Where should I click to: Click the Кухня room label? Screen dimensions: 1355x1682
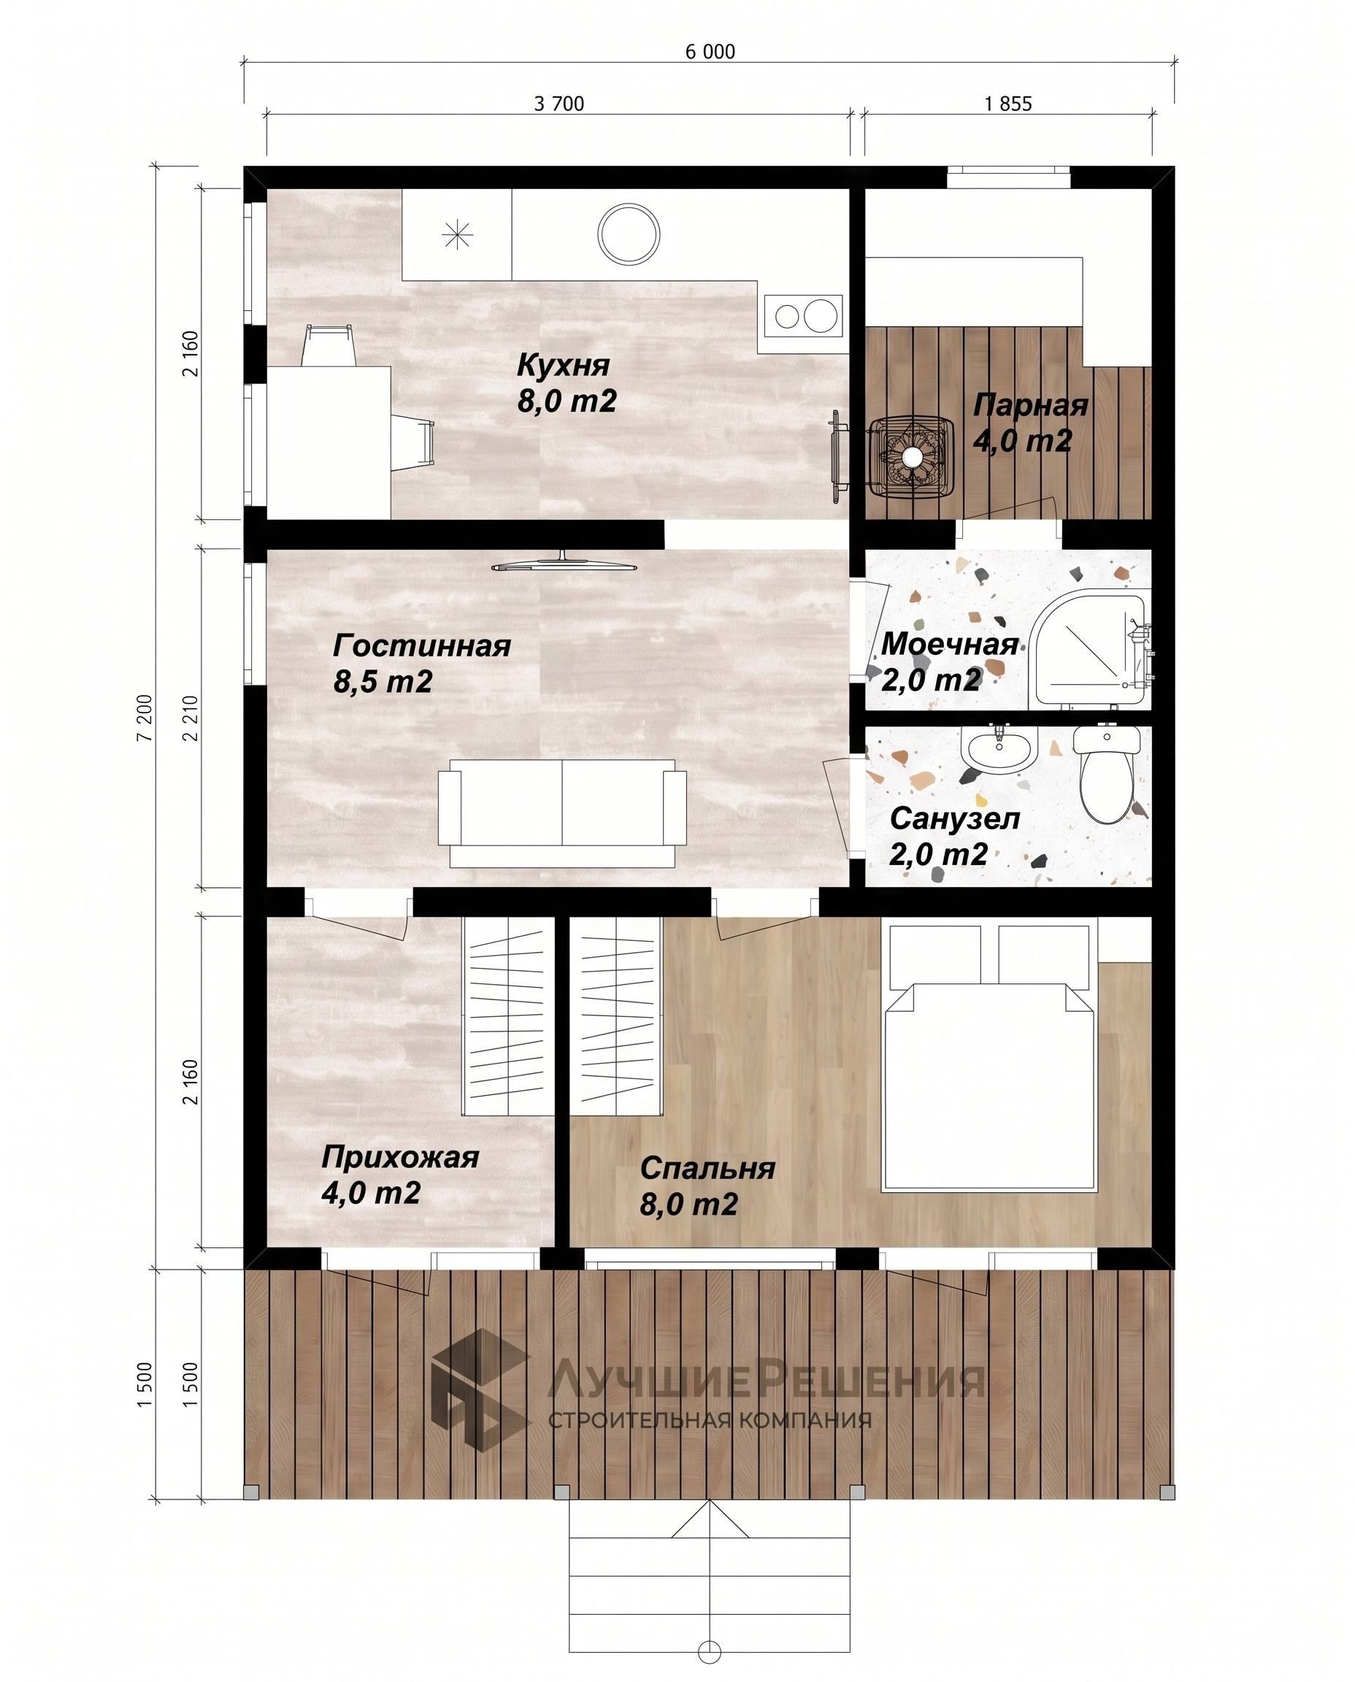click(x=563, y=365)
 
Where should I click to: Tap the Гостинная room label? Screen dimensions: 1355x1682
click(x=421, y=645)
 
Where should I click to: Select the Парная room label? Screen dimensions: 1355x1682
click(x=1030, y=406)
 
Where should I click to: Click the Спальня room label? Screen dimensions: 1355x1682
click(x=707, y=1169)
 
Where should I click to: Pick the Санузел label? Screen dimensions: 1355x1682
click(x=955, y=819)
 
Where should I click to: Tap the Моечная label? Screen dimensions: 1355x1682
click(x=949, y=644)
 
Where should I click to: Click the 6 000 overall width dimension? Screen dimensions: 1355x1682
click(x=710, y=52)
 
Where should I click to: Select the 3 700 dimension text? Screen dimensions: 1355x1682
click(x=558, y=104)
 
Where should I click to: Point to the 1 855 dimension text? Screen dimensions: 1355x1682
click(x=1007, y=104)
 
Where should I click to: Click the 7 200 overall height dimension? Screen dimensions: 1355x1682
click(x=145, y=718)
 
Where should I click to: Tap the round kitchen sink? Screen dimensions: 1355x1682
click(x=629, y=234)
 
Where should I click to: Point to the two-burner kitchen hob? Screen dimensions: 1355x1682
click(x=803, y=315)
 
